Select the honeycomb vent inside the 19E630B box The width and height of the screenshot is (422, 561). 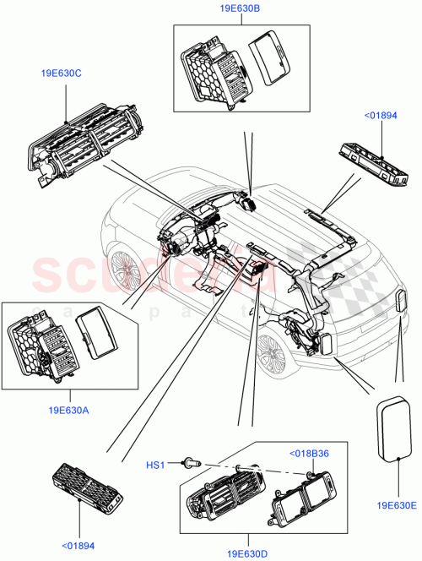click(209, 72)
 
